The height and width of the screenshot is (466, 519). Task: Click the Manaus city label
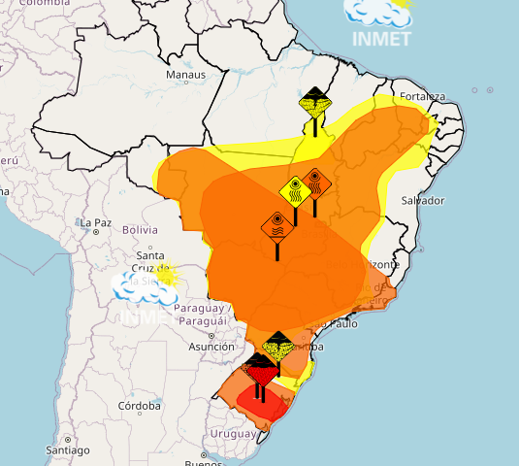[185, 75]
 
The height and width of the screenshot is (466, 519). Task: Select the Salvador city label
[422, 201]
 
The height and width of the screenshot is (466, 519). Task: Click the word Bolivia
[140, 230]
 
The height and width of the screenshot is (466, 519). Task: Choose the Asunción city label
[211, 347]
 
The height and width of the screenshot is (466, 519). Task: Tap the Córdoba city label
[139, 406]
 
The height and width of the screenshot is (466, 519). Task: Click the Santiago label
[67, 451]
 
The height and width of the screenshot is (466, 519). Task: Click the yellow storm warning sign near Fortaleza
[314, 102]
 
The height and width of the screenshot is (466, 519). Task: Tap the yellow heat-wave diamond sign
[295, 189]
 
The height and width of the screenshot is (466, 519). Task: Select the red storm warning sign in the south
[260, 369]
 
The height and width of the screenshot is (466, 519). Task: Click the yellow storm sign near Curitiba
[278, 346]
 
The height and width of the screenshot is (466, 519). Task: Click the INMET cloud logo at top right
[382, 21]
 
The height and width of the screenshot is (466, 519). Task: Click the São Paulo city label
[336, 323]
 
